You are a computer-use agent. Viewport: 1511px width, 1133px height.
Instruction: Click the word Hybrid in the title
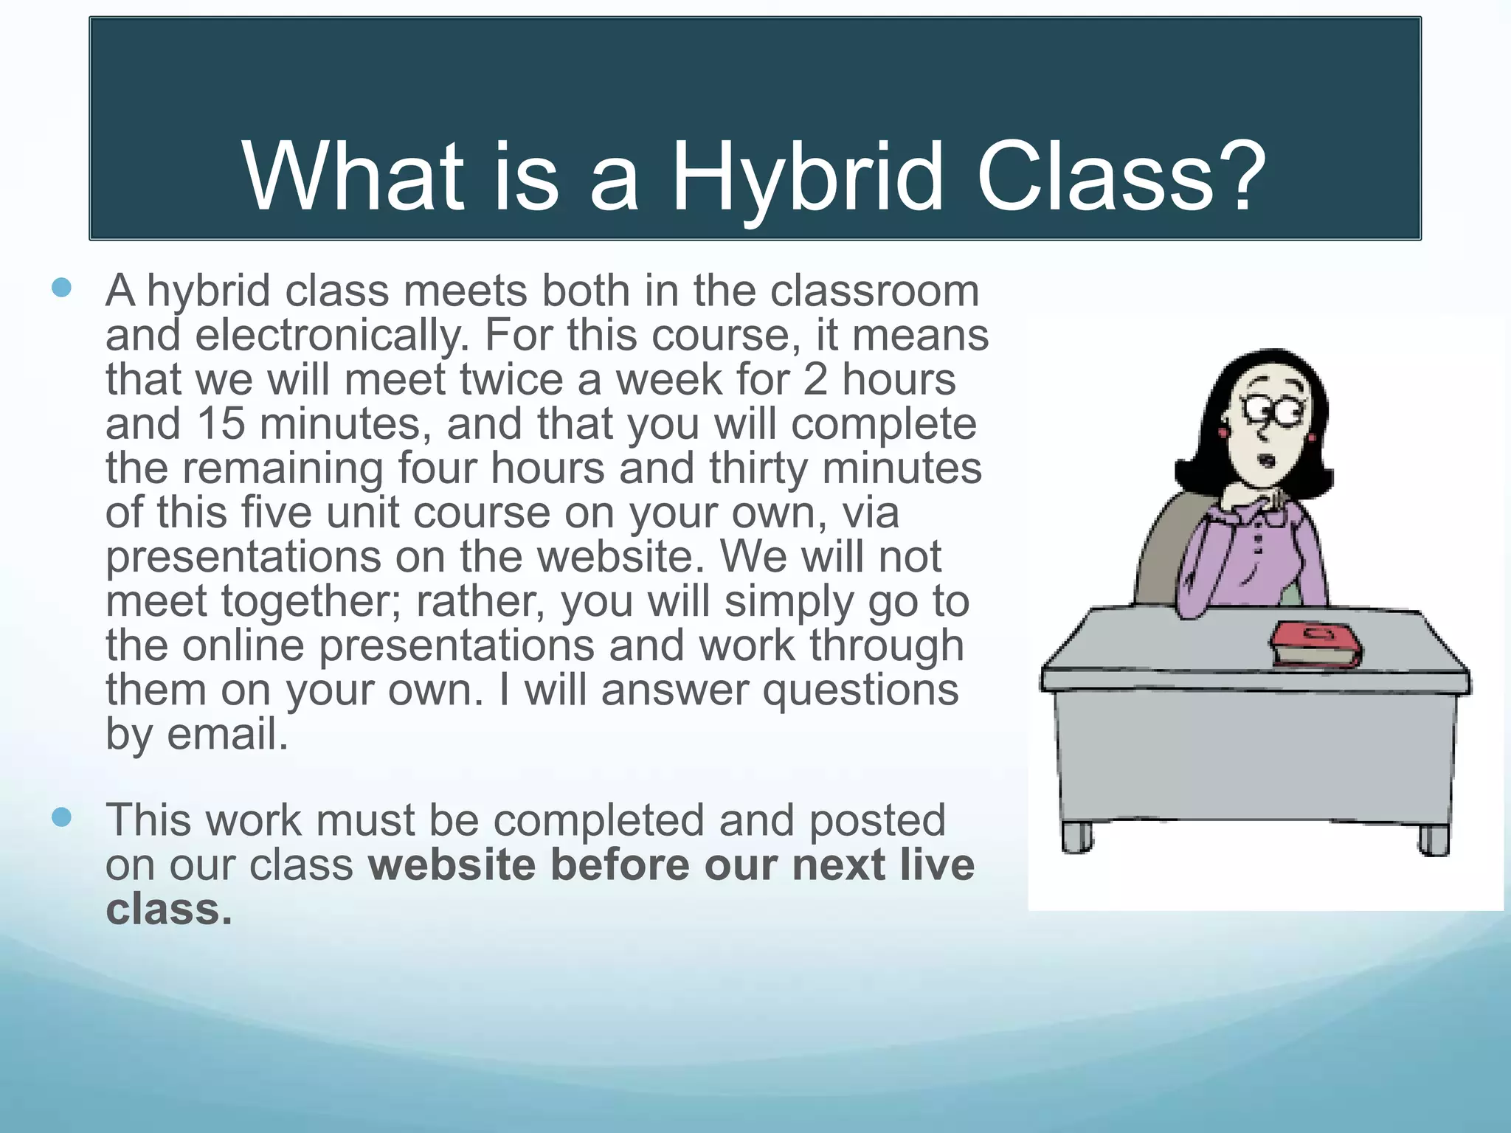[806, 177]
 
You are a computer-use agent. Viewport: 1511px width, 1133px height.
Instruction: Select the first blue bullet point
[62, 288]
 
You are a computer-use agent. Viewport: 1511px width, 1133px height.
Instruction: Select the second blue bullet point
[62, 817]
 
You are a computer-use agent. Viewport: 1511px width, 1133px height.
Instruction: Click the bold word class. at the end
[168, 909]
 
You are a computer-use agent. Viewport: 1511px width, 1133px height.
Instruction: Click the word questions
[860, 690]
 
